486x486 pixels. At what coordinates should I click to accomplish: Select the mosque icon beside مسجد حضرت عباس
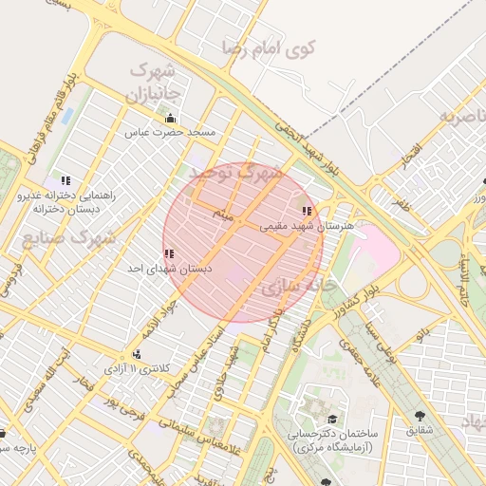[171, 119]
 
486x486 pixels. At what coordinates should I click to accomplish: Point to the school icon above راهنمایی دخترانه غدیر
[65, 179]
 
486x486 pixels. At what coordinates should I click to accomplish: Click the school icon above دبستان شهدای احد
[169, 253]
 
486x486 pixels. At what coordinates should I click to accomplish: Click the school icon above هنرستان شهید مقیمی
[306, 211]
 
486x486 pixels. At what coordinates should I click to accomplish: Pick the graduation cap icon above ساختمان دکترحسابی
[331, 419]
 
